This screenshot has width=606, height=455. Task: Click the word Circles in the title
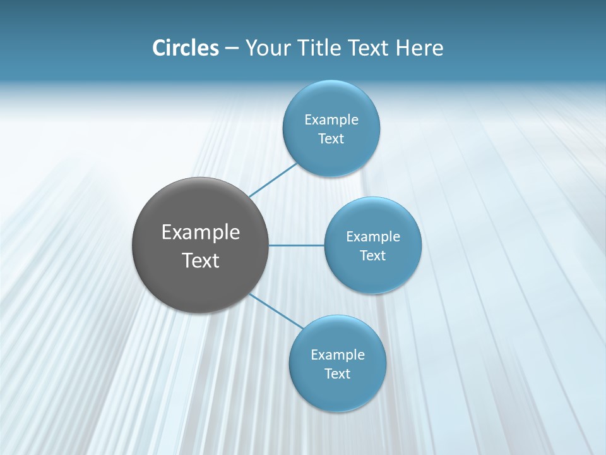tap(186, 48)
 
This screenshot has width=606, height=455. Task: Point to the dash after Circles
tap(232, 49)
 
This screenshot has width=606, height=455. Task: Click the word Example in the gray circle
tap(201, 233)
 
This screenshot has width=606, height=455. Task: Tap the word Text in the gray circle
tap(201, 260)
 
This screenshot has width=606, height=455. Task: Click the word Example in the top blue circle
tap(331, 120)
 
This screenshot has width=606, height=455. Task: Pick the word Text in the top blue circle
tap(331, 139)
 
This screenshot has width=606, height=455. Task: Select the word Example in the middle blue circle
tap(373, 237)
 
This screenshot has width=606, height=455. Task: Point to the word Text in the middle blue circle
tap(373, 256)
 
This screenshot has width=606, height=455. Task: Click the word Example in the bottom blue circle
tap(338, 355)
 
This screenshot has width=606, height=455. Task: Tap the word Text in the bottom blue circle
tap(338, 374)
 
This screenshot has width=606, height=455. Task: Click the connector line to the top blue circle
tap(273, 180)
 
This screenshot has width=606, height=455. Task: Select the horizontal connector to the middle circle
tap(297, 245)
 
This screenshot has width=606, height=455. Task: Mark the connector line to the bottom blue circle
tap(276, 310)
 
